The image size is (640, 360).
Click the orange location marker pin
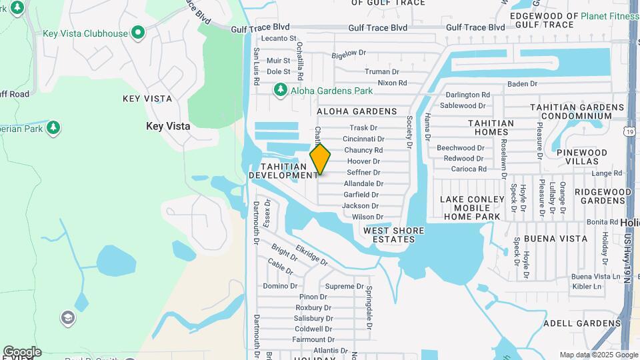[x=320, y=159]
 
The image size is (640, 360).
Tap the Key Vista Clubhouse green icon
[x=138, y=32]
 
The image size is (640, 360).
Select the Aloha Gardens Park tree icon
[x=281, y=89]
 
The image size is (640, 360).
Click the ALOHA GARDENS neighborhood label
[x=357, y=111]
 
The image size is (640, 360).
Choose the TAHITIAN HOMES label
[x=491, y=127]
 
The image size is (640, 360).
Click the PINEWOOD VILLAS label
[x=582, y=157]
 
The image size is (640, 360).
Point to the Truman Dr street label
[x=381, y=72]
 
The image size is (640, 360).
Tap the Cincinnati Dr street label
[x=363, y=139]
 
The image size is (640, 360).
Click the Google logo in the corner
[x=22, y=352]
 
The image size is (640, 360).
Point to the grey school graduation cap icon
[x=67, y=317]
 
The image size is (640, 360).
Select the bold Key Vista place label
[x=168, y=126]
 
